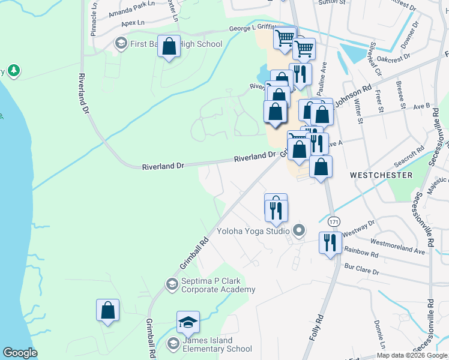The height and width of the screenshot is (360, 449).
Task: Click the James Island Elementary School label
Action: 214,344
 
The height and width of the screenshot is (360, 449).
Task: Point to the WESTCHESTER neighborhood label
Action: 381,175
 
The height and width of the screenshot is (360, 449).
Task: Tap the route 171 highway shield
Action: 334,221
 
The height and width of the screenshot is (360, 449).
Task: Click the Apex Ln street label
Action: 133,23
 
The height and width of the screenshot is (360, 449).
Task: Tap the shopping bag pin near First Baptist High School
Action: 169,47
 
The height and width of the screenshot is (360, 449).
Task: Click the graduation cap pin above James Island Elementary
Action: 188,322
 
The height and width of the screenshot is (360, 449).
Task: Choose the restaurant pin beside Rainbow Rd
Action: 330,243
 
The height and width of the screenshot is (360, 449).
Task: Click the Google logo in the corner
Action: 20,353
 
